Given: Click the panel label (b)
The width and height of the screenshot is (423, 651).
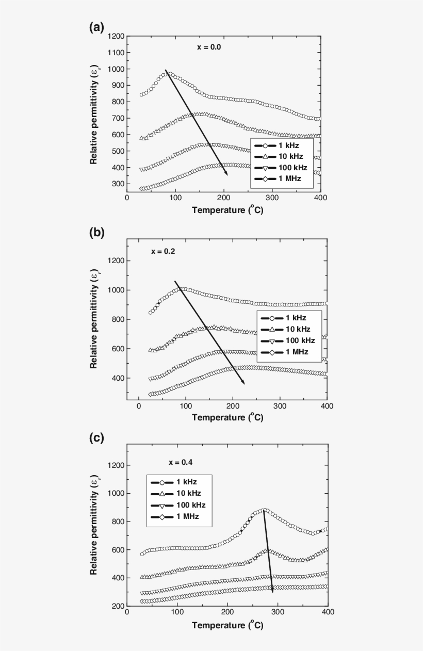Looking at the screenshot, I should tap(96, 232).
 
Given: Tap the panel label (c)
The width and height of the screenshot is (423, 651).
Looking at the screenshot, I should tap(96, 438).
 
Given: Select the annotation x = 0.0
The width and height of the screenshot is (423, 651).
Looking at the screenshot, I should tap(209, 47).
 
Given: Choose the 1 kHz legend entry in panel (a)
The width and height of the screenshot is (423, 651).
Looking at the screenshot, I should tap(282, 145).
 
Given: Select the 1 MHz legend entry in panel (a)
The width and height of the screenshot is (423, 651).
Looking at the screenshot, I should tap(282, 178).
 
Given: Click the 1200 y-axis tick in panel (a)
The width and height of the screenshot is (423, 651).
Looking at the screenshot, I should tap(117, 36).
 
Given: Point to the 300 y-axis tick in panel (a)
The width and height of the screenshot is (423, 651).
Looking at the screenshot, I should tap(119, 184).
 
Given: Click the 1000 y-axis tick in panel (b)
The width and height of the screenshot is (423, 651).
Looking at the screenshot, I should tap(117, 290).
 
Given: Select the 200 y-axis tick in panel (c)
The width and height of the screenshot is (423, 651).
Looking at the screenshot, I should tap(119, 606).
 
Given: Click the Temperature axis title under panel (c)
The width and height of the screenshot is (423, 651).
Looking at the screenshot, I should tap(227, 625).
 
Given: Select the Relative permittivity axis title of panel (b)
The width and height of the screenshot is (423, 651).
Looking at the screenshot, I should tap(94, 320).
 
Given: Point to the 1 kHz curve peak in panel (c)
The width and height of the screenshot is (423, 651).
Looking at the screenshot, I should tap(264, 510).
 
